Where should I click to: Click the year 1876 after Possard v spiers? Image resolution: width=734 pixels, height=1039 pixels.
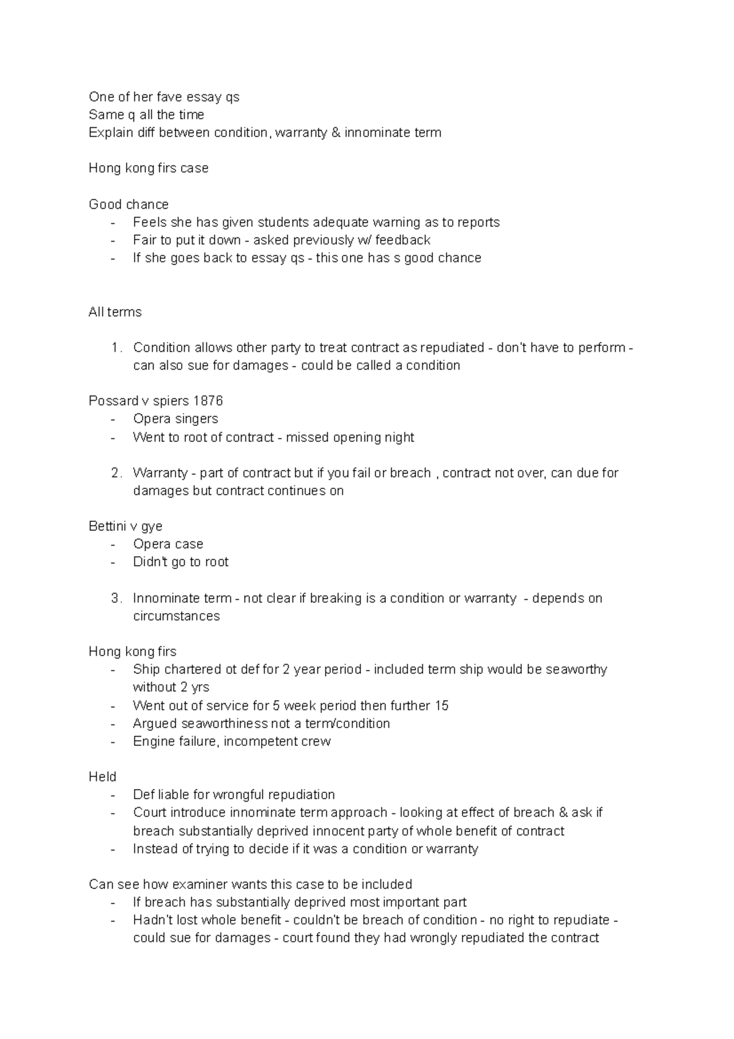point(208,401)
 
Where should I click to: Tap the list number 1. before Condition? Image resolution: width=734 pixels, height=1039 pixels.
point(116,348)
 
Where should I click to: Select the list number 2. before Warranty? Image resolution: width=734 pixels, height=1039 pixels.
point(116,473)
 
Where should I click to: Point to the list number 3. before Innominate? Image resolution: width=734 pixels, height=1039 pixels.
point(116,598)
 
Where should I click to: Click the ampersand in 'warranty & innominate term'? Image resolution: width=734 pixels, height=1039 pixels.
point(336,132)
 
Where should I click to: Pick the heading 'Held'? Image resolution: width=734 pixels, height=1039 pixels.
point(102,776)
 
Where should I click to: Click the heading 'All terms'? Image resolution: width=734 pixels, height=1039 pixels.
point(115,312)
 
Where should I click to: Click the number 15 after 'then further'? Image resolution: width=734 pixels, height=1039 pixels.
point(442,706)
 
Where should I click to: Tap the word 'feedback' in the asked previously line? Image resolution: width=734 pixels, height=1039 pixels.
point(402,240)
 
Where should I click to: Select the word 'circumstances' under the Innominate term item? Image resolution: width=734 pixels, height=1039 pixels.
point(176,616)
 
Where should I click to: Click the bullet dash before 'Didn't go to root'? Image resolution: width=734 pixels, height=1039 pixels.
point(113,562)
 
